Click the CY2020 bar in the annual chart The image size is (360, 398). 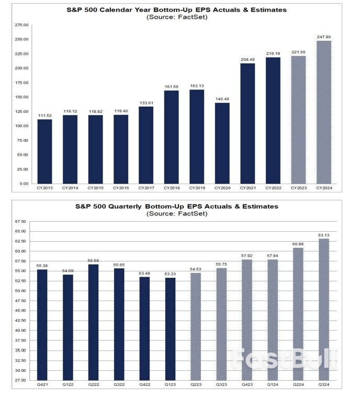click(222, 143)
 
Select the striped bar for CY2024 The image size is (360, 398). click(323, 112)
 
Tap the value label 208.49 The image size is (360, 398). click(248, 59)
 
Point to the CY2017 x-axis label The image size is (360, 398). click(146, 188)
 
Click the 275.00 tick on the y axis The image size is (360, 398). click(22, 25)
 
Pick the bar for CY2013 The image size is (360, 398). click(45, 151)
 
